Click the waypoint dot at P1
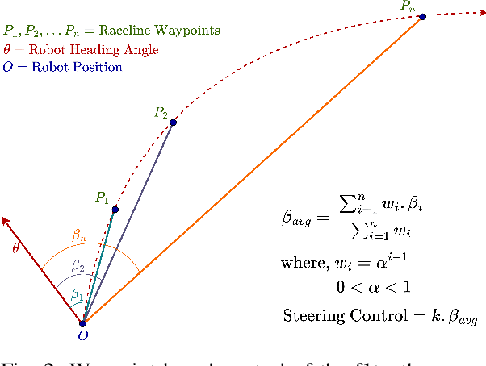115,210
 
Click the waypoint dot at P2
173,123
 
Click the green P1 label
101,197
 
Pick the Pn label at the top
408,6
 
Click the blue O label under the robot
82,336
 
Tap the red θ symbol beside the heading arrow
15,248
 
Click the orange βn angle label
78,236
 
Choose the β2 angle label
78,265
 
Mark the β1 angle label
77,296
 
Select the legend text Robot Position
77,67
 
